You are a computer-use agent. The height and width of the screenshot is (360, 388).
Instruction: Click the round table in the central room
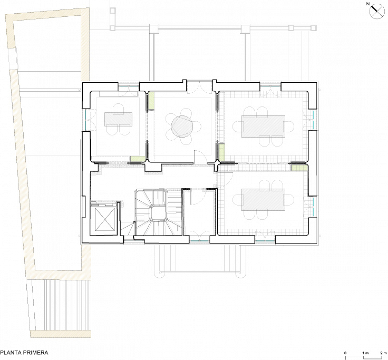182,126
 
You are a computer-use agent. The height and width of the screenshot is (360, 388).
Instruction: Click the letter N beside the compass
368,4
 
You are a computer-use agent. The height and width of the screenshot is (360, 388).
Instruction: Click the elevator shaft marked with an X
105,219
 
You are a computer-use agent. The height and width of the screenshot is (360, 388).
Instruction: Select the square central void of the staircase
158,212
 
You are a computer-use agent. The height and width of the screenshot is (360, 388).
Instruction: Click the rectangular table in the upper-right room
263,126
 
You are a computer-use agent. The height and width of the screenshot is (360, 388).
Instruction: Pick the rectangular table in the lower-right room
263,200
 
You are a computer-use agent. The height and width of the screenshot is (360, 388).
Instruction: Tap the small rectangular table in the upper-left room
118,119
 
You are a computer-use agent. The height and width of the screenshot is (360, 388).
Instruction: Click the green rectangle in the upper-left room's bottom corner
138,159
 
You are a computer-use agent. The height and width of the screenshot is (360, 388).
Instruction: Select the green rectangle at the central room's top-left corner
151,101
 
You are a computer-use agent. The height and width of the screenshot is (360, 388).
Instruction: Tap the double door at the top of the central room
199,86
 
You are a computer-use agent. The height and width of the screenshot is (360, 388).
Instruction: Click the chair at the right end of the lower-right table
289,200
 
